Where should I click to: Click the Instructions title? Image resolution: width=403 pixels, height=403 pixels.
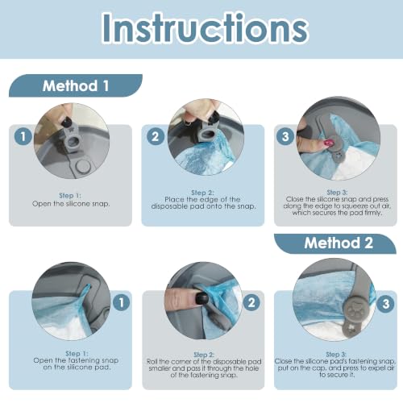[205, 28]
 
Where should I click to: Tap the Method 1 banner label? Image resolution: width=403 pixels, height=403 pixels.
[76, 86]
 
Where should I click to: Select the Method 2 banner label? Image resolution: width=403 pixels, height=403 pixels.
[339, 243]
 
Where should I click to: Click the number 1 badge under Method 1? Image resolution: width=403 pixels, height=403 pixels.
[23, 136]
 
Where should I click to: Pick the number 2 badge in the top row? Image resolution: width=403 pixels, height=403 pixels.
[156, 136]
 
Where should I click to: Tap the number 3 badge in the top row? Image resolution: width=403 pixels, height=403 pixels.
[285, 136]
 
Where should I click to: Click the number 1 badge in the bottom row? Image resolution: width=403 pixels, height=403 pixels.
[122, 302]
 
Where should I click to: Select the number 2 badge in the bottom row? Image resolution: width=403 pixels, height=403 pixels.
[251, 302]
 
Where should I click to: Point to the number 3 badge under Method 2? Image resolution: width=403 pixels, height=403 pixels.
[385, 304]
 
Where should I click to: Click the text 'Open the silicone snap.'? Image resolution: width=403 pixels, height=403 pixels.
[71, 204]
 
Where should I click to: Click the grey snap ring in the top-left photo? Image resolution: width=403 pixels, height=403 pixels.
[73, 140]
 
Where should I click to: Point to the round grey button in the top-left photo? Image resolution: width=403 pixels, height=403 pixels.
[83, 167]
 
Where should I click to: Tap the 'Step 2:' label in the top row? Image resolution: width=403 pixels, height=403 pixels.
[202, 193]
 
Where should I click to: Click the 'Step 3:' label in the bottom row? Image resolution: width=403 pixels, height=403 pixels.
[336, 355]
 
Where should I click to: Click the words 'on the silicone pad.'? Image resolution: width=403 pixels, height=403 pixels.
[77, 367]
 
